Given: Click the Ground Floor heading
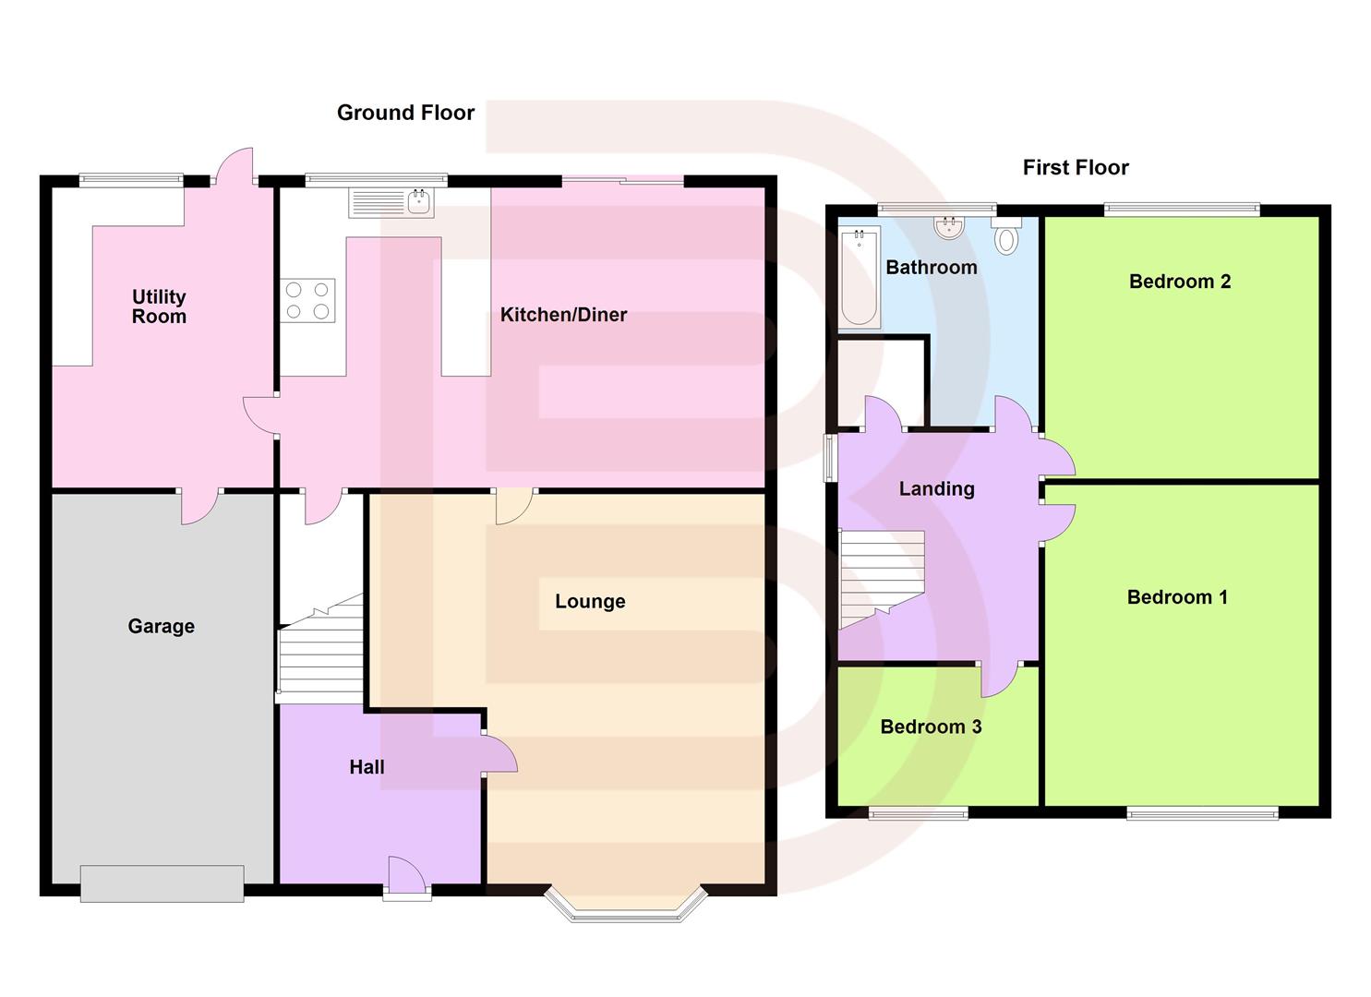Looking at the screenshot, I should [x=405, y=113].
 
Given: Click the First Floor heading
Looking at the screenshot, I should [x=1076, y=167].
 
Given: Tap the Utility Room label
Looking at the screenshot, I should [x=159, y=306].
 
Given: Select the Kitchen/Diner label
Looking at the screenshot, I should [x=563, y=315].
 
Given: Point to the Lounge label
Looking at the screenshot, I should [x=590, y=602].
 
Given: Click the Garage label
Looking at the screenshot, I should [x=162, y=627].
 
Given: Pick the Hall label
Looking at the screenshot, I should [x=367, y=767].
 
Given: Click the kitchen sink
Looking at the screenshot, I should [x=391, y=203].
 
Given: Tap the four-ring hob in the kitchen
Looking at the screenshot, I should [x=307, y=300].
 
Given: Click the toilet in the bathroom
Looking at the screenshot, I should [x=1006, y=237].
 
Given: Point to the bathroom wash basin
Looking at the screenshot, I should [x=949, y=227].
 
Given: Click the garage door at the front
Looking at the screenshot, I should [x=162, y=883].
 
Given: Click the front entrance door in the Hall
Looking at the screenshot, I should [x=407, y=877].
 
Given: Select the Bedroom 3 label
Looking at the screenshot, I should [x=931, y=727].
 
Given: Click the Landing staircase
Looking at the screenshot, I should [x=880, y=579].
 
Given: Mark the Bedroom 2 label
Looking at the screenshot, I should [x=1180, y=282].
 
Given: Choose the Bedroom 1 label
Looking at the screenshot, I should [x=1177, y=597].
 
